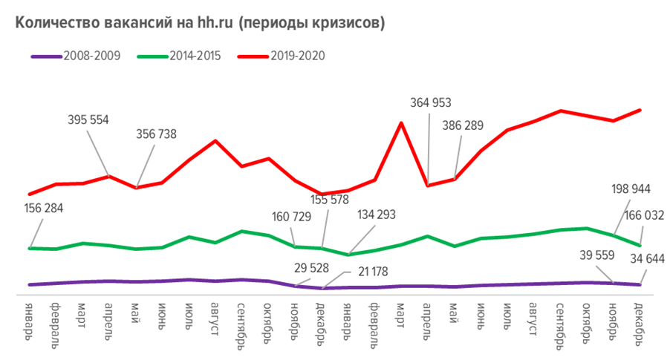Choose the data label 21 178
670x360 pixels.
pos(362,271)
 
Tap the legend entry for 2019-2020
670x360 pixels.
pos(290,55)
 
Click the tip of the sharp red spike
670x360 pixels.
pos(401,122)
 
